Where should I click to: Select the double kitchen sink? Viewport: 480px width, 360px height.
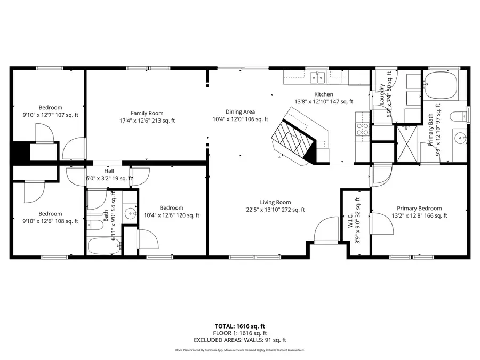click(x=318, y=78)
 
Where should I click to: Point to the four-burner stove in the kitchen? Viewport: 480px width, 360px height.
click(x=362, y=128)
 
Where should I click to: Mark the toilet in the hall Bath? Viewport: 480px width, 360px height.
click(x=95, y=224)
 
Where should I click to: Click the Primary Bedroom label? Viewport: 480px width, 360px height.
click(x=419, y=212)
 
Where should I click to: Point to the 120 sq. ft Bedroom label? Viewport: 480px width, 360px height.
click(x=171, y=212)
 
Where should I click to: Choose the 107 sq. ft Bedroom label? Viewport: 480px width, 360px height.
click(x=50, y=111)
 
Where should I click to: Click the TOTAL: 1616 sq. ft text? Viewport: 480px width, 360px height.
click(x=239, y=325)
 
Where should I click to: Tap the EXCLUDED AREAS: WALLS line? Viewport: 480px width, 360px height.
click(x=239, y=340)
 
